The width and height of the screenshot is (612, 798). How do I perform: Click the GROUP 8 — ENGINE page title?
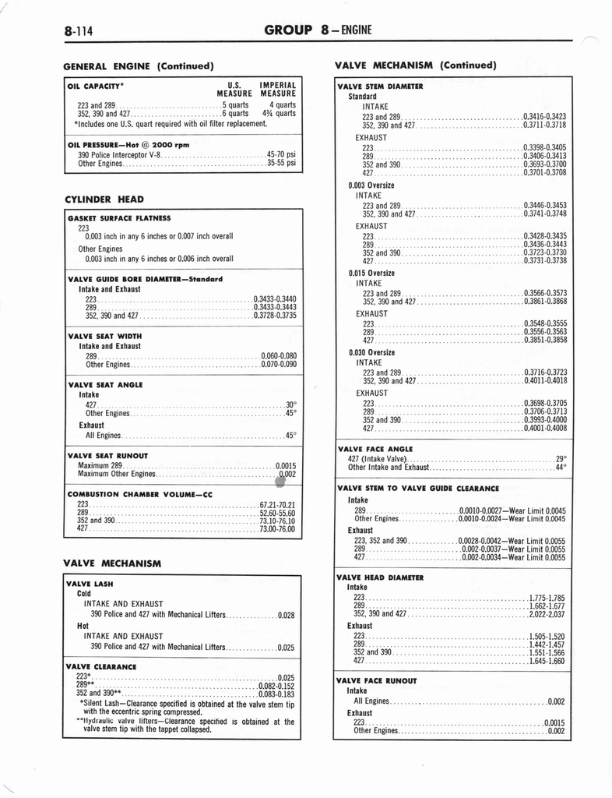tap(318, 30)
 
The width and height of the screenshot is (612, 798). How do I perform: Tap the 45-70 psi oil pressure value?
tap(281, 155)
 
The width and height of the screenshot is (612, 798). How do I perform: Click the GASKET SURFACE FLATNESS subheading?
tap(119, 218)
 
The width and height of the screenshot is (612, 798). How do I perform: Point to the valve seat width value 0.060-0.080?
tap(279, 356)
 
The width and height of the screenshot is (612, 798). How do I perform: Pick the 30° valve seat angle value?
tap(291, 404)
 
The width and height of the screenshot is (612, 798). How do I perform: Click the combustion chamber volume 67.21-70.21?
tap(277, 504)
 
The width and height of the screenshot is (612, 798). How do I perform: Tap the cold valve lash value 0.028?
tap(286, 615)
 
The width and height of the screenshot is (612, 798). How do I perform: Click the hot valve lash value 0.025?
tap(286, 647)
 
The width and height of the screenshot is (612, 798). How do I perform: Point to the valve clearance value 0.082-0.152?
tap(276, 686)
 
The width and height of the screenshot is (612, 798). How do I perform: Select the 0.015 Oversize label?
tap(371, 274)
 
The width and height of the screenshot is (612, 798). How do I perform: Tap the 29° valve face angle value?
tap(561, 459)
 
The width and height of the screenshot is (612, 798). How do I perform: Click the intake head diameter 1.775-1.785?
tap(547, 598)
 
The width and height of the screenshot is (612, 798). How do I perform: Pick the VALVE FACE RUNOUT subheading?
tap(376, 680)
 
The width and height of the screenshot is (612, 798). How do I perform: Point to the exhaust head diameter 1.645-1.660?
tap(547, 661)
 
